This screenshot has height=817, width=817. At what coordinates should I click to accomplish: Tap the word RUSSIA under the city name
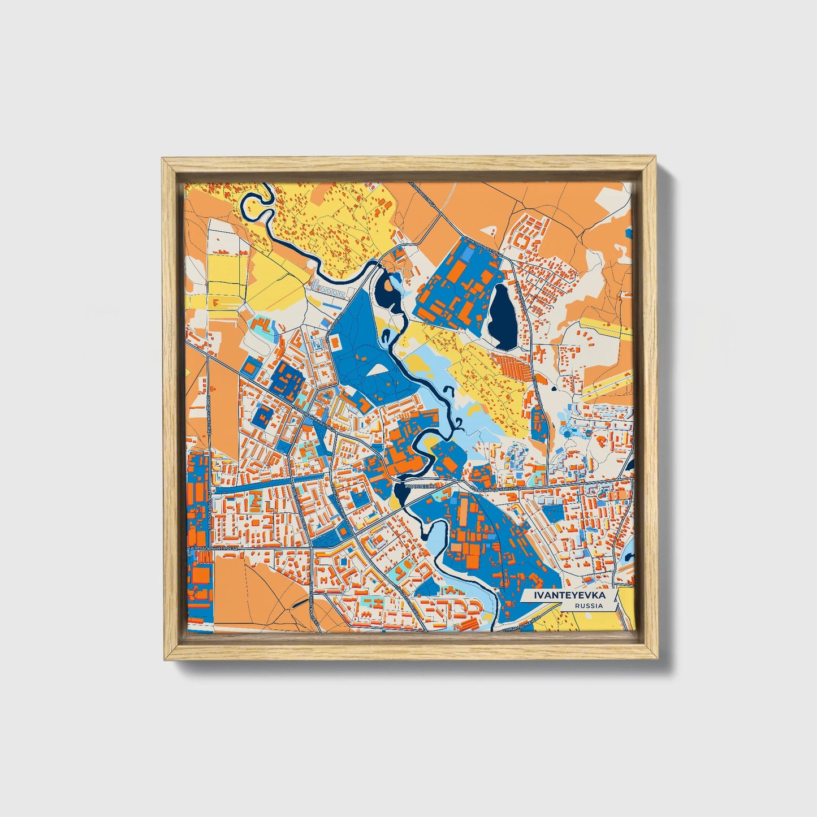click(x=588, y=606)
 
